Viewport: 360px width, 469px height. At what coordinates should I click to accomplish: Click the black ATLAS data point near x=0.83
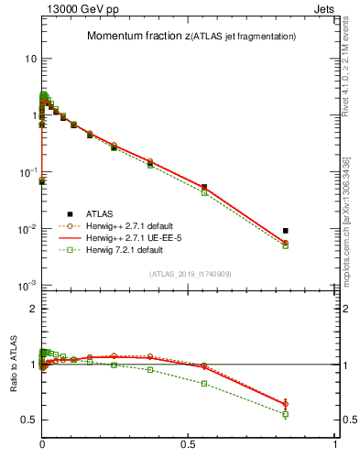pyautogui.click(x=286, y=231)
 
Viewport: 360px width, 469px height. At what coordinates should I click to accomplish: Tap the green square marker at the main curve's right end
pyautogui.click(x=286, y=245)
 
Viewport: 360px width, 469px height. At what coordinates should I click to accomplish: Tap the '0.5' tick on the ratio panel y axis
pyautogui.click(x=28, y=420)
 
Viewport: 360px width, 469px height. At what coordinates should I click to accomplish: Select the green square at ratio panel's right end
pyautogui.click(x=286, y=414)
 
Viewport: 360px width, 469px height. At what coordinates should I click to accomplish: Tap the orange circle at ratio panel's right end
pyautogui.click(x=286, y=403)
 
